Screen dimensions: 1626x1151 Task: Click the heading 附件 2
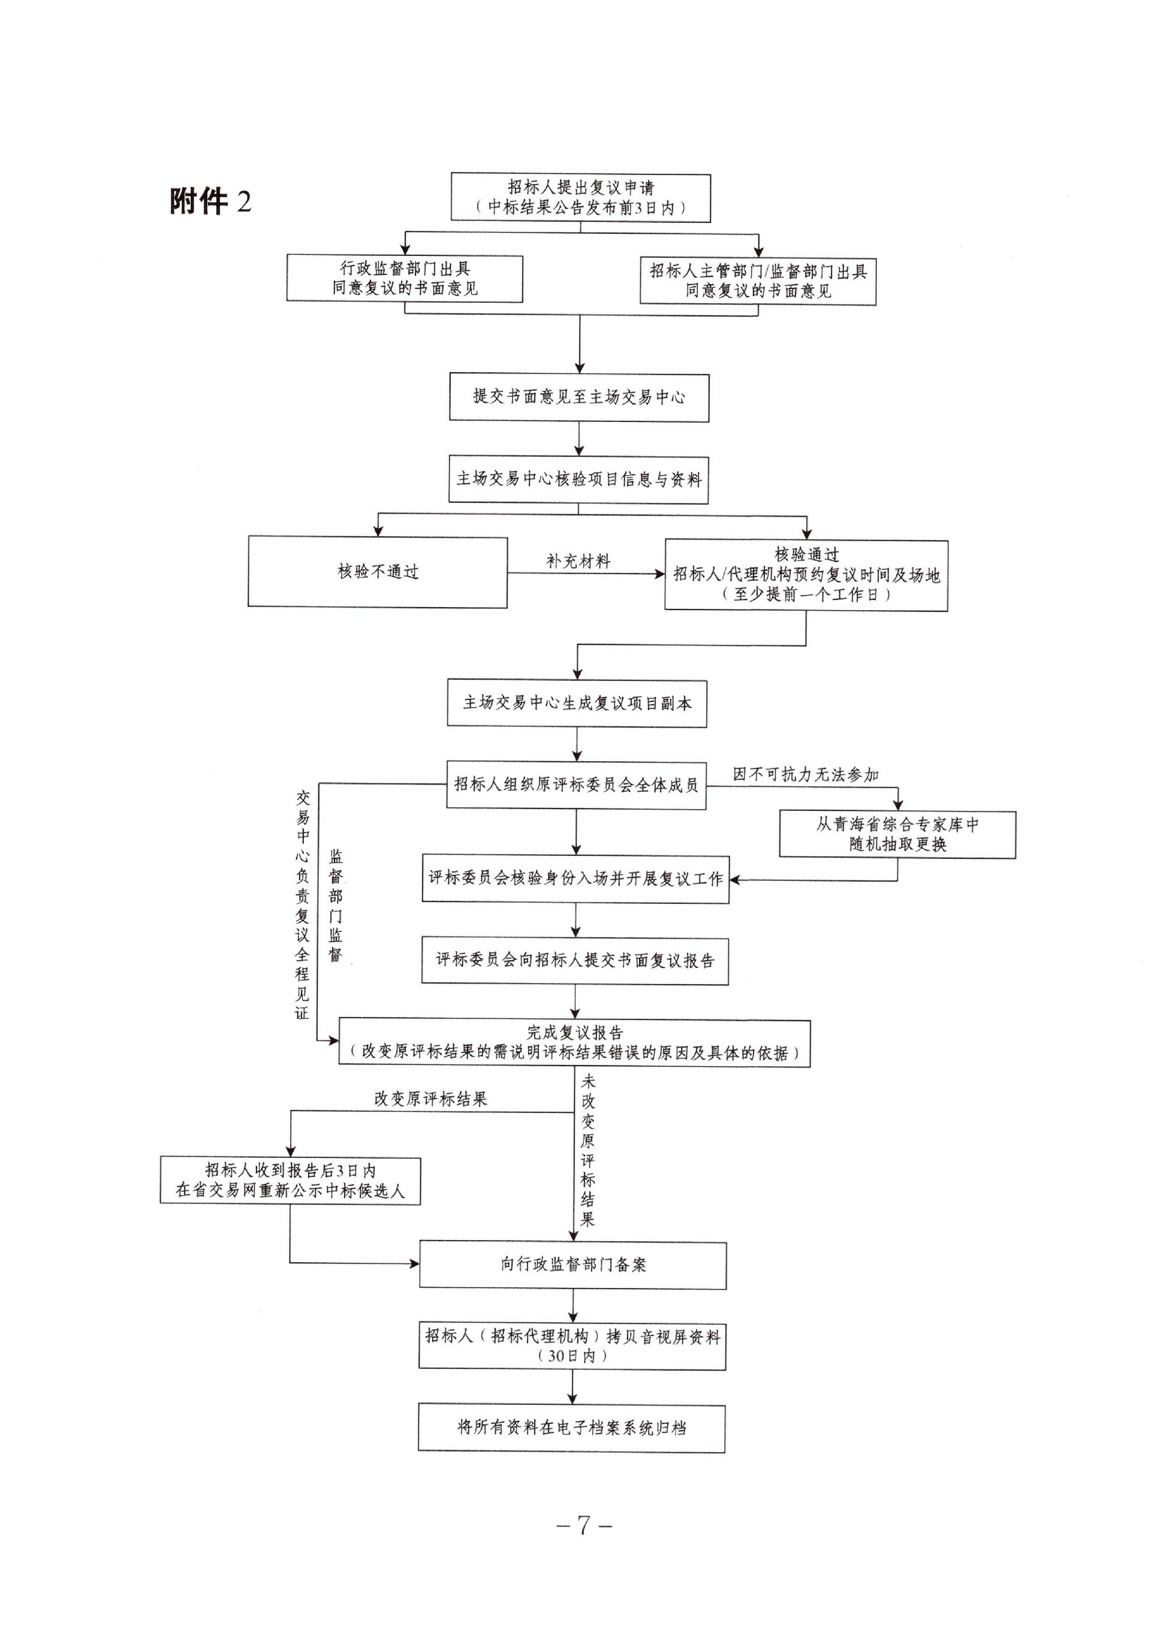point(210,202)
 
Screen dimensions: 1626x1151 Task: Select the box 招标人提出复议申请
point(580,198)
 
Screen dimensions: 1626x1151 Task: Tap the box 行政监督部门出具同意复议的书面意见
point(405,279)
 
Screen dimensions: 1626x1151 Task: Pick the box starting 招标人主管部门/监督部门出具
point(758,281)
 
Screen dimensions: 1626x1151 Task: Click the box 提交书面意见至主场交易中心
point(579,397)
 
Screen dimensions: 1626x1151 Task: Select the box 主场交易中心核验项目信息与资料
point(578,479)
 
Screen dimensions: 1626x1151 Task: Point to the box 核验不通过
point(378,572)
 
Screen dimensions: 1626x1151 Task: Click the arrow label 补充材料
point(578,561)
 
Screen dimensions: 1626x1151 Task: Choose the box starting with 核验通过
point(806,575)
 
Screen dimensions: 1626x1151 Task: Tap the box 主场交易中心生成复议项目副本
point(577,704)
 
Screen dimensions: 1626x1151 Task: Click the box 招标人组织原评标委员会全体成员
point(576,785)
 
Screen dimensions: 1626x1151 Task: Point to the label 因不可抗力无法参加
point(805,774)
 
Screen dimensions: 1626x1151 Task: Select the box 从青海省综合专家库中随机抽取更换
point(897,834)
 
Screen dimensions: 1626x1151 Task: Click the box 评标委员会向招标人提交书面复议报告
point(575,961)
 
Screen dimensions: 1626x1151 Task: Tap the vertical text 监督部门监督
point(335,906)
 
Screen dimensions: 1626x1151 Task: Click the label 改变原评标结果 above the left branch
point(431,1099)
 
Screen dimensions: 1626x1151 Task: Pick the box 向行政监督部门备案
point(573,1265)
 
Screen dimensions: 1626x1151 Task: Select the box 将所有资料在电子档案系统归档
point(571,1428)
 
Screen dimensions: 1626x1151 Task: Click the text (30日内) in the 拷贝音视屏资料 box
point(573,1355)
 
